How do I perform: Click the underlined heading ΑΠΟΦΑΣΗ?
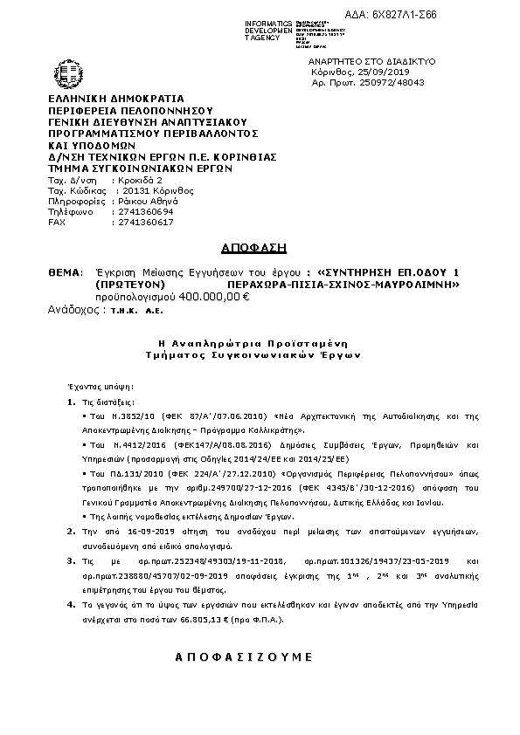237,247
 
